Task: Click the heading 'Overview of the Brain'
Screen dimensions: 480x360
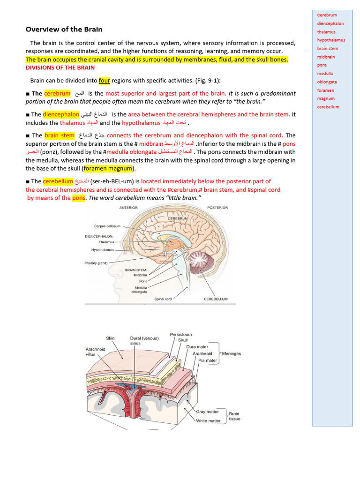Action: (x=64, y=29)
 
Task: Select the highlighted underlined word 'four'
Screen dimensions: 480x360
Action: (x=105, y=80)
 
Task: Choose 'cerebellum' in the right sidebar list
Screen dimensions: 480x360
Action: (x=328, y=107)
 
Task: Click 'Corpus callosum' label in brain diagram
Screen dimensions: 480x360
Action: (x=111, y=226)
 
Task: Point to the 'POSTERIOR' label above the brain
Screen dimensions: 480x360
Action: (x=217, y=207)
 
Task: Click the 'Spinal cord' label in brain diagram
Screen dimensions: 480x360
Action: (x=163, y=299)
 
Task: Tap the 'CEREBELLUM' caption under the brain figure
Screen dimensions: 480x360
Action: (x=216, y=299)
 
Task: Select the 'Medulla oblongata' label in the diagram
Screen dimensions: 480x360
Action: (x=141, y=289)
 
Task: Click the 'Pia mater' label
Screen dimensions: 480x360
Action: (x=208, y=360)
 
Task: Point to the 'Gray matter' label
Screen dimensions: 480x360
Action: (x=207, y=412)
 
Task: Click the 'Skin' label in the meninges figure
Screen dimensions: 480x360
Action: (x=110, y=338)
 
